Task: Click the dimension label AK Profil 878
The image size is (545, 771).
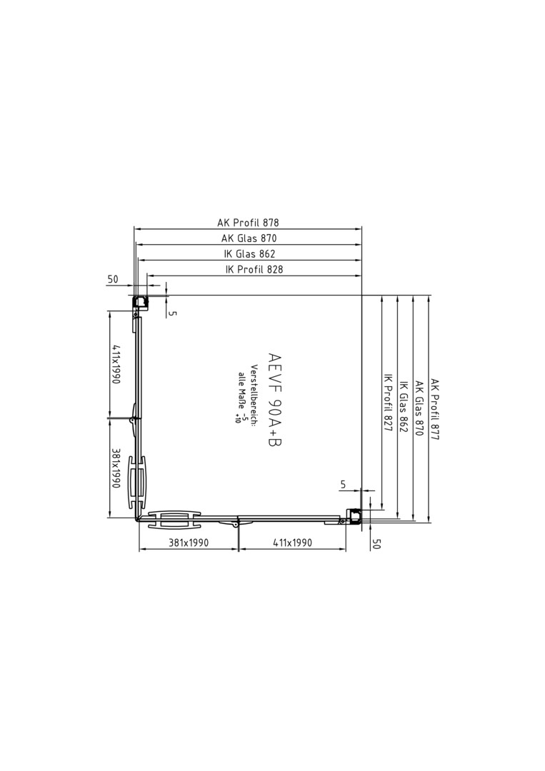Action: pos(248,223)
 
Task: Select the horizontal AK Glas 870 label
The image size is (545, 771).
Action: pos(249,238)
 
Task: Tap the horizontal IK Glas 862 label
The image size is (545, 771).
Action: pos(249,253)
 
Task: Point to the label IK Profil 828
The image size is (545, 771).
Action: pos(254,269)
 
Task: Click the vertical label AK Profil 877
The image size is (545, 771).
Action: pos(435,408)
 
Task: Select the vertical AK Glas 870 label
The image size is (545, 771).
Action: pos(419,408)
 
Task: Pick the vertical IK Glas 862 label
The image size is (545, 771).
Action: pos(404,406)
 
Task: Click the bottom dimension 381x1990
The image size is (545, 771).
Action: pos(189,543)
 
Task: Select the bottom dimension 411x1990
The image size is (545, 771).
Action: pos(292,543)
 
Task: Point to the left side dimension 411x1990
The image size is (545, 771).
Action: pos(116,364)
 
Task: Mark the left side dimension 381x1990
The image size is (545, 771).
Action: pos(116,468)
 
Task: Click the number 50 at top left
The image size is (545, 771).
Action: pos(113,279)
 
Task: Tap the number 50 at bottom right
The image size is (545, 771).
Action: pos(376,544)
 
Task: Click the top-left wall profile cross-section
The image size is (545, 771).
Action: pos(140,303)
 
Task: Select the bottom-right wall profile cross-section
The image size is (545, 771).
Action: pos(353,517)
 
